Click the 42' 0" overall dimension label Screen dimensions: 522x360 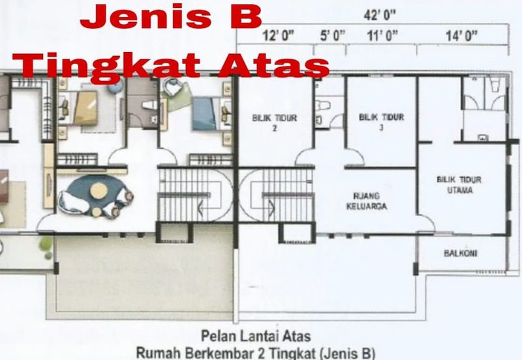380,15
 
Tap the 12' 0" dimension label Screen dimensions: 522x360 279,35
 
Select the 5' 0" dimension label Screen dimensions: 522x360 332,35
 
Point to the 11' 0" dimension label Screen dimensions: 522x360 382,35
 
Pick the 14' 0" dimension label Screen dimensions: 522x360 461,35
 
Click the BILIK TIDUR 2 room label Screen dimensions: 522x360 274,123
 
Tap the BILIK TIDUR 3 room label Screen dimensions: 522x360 382,122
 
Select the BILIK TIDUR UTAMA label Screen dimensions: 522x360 459,185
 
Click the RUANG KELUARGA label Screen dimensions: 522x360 367,201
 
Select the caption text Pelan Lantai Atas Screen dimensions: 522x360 256,336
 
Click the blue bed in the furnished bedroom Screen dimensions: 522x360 204,113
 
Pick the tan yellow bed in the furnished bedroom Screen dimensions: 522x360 86,108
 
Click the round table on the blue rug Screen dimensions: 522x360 99,190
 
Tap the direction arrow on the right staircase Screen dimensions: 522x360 271,208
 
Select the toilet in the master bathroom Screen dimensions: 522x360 496,84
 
